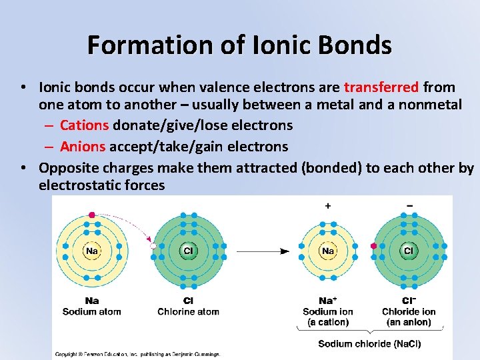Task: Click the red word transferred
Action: tap(381, 87)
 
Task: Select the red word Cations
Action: tap(85, 125)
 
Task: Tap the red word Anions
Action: tap(83, 146)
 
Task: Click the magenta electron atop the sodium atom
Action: tap(92, 215)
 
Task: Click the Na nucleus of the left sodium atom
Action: tap(92, 251)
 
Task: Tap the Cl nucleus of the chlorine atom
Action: tap(188, 251)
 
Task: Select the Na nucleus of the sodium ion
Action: tap(327, 251)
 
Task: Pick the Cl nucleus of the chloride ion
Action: tap(407, 251)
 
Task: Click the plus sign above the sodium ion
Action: tap(327, 206)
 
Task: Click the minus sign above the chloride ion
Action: tap(408, 205)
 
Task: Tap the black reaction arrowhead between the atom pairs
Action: tap(285, 251)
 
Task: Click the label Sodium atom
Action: tap(91, 311)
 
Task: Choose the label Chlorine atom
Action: tap(188, 311)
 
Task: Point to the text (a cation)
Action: tap(328, 322)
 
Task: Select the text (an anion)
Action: tap(409, 322)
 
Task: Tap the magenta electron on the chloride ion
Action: tap(373, 246)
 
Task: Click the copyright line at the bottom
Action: tap(137, 354)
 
